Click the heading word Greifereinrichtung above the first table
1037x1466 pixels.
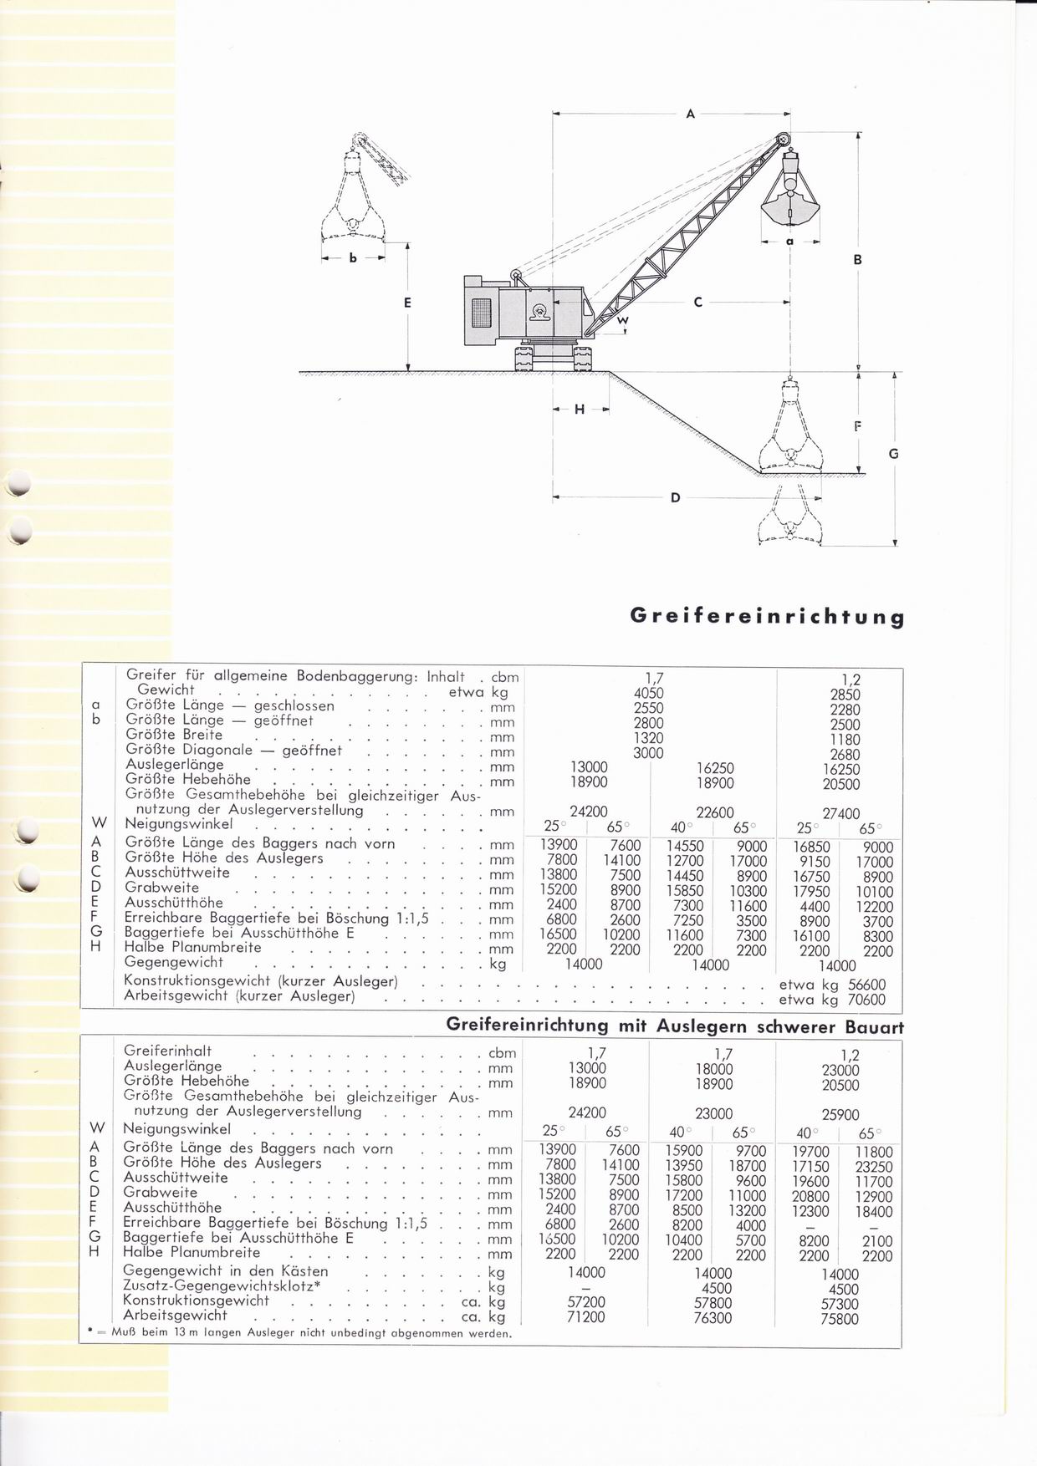click(x=767, y=617)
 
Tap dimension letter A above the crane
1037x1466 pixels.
click(x=691, y=114)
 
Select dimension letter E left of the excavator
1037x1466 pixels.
click(x=407, y=303)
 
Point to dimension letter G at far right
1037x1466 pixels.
click(x=893, y=454)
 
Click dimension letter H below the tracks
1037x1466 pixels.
click(x=580, y=410)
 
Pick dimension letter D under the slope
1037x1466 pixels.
click(x=676, y=498)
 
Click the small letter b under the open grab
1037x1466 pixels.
click(x=353, y=259)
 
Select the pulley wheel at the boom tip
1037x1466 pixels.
click(x=783, y=140)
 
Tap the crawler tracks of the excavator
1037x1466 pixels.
click(x=555, y=359)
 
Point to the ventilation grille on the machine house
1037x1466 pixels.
click(x=482, y=314)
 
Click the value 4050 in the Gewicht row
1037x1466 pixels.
click(x=649, y=693)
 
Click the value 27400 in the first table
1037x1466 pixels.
click(x=840, y=813)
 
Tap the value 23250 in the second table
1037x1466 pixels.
click(x=875, y=1167)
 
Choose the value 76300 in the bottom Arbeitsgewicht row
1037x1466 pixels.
click(x=713, y=1318)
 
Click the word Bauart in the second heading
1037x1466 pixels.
click(x=873, y=1026)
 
